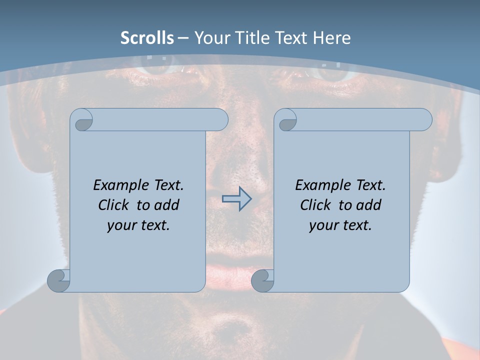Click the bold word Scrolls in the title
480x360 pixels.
pos(147,38)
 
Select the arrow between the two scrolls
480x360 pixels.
pos(236,199)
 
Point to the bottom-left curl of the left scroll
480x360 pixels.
pos(58,280)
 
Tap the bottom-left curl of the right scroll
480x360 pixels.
pos(262,280)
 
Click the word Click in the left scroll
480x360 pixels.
pos(114,205)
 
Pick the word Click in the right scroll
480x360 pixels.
pos(316,205)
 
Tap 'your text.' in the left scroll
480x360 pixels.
pos(138,225)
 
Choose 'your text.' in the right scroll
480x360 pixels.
pos(340,225)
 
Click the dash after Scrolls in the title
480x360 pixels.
pos(183,38)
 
